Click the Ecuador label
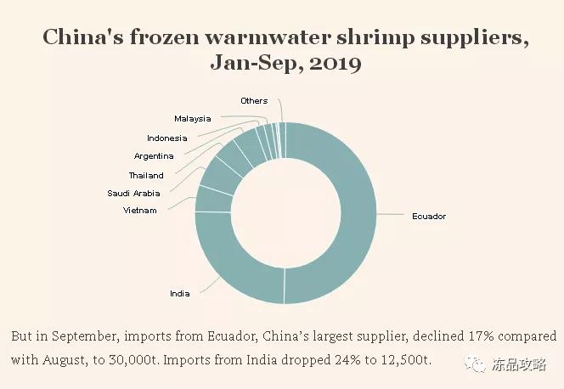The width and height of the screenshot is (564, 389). (x=428, y=217)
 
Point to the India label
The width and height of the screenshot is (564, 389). (x=179, y=294)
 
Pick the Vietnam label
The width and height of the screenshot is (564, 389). (x=139, y=210)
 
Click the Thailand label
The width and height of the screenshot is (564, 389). (x=146, y=176)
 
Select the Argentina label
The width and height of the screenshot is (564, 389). (x=154, y=156)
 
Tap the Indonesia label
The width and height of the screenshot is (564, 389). (x=166, y=138)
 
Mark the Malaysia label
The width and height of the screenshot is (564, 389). (x=192, y=119)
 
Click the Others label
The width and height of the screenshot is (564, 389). (x=253, y=101)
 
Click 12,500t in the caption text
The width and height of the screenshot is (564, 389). (x=403, y=360)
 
